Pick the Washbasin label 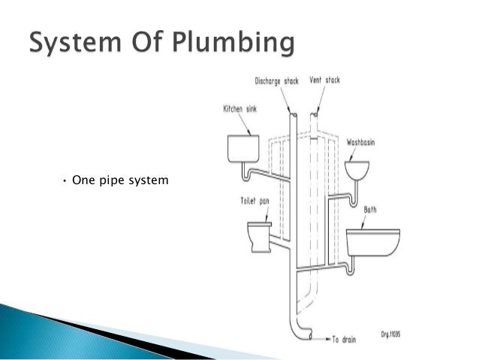pos(364,141)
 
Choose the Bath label pos(370,210)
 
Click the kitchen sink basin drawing pos(243,148)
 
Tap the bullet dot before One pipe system pos(65,180)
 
